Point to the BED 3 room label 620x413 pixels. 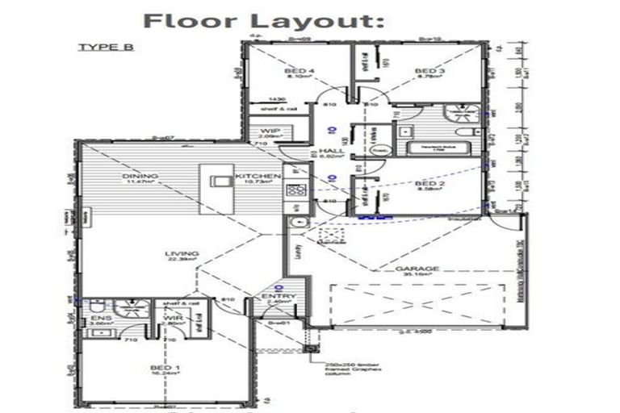coord(428,72)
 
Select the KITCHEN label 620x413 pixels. coord(257,176)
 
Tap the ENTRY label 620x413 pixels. coord(275,298)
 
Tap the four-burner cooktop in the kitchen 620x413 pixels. coord(296,191)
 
